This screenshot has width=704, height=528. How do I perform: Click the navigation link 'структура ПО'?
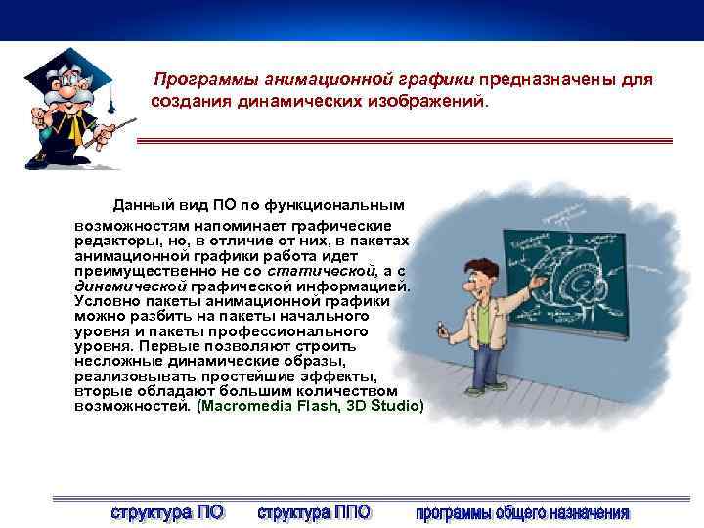(x=167, y=511)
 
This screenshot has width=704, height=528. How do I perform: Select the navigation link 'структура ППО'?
(x=314, y=511)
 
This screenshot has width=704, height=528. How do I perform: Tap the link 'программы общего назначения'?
(x=522, y=511)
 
